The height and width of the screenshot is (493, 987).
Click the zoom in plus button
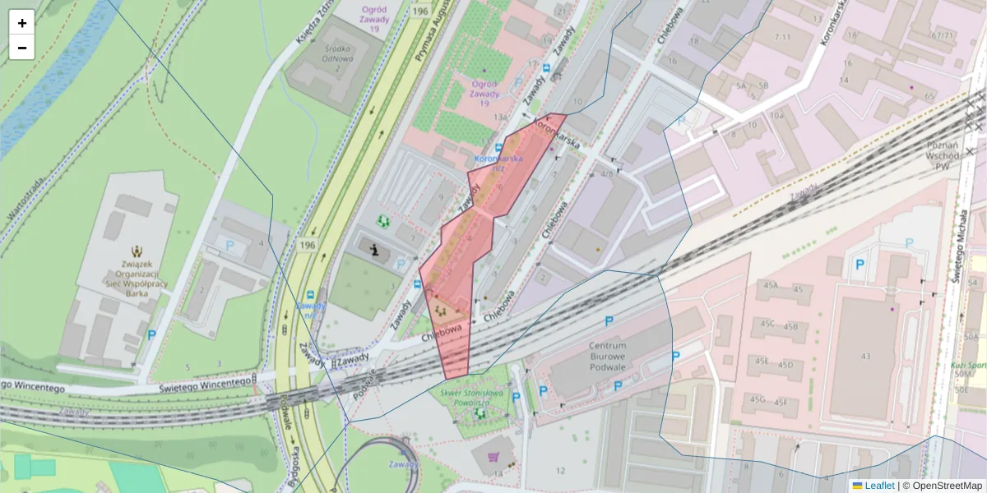coord(22,23)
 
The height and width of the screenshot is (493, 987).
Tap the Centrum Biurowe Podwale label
coord(608,357)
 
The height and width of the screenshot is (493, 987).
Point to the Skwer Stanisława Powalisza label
coord(472,399)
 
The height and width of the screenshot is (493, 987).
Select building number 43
coord(864,356)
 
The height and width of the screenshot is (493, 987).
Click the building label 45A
coord(770,285)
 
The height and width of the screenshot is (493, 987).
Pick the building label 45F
coord(781,402)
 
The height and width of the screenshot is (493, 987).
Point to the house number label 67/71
coord(943,35)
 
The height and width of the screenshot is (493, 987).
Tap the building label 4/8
coord(607,173)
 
